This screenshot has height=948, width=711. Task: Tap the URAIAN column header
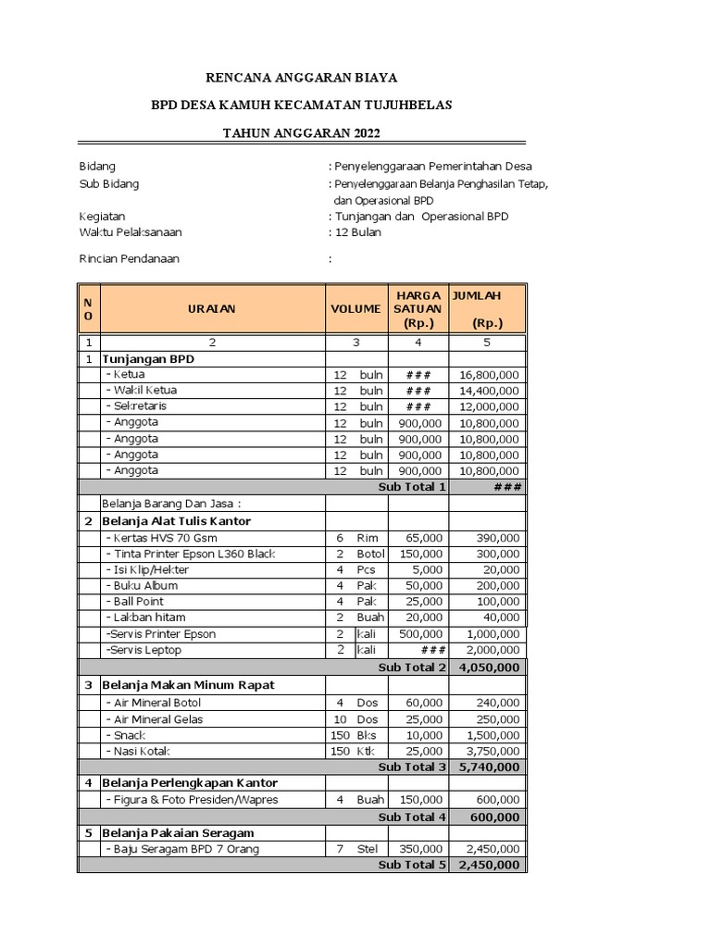point(211,308)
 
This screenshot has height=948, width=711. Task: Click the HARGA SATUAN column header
point(418,308)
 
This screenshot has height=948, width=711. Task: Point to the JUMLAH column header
point(486,308)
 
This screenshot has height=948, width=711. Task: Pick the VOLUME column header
point(355,308)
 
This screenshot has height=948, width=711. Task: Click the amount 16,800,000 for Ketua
point(489,375)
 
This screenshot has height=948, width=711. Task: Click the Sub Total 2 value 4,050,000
point(488,667)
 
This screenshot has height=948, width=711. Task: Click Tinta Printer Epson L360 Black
point(191,554)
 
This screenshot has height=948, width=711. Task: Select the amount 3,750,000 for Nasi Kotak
point(489,751)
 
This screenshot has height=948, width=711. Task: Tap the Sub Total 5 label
point(412,865)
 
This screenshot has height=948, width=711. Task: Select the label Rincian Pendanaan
point(130,259)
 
